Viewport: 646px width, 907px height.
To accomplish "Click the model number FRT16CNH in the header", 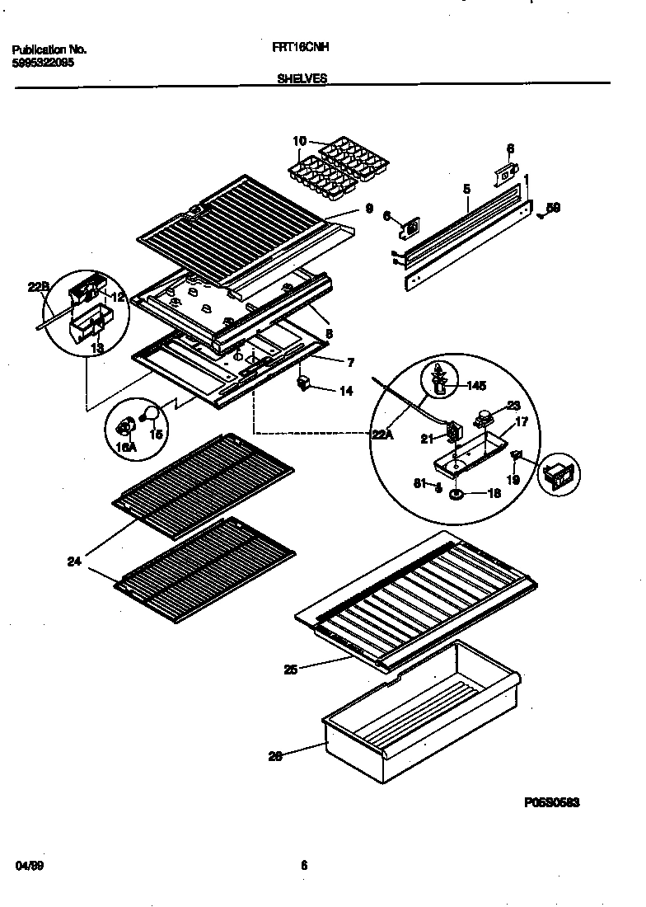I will click(301, 49).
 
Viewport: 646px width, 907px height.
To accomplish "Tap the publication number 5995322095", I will click(42, 62).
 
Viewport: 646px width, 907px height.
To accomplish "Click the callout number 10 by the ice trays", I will click(299, 141).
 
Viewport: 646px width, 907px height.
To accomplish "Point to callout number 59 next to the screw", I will click(554, 208).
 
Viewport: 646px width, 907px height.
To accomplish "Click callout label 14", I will click(346, 391).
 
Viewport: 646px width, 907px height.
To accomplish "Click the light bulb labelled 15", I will click(152, 413).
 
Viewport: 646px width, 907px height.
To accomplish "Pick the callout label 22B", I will click(38, 287).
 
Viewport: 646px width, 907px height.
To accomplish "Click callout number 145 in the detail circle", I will click(477, 385).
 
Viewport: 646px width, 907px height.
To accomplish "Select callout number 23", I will click(513, 405).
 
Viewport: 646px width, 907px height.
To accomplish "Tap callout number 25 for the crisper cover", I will click(290, 670).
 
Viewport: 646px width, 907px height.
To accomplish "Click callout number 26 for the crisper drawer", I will click(275, 755).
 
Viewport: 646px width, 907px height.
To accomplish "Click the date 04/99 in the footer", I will click(27, 865).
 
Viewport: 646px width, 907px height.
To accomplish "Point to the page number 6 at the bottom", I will click(304, 865).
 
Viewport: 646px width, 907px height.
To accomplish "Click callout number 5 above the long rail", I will click(466, 189).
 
